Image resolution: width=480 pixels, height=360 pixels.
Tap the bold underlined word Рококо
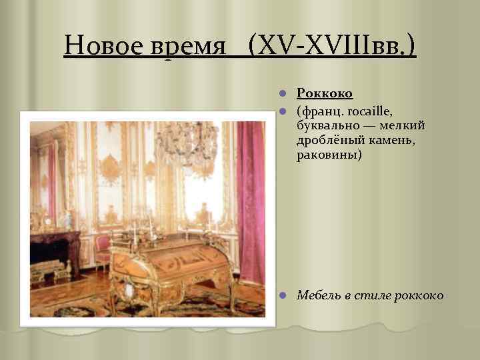tap(325, 94)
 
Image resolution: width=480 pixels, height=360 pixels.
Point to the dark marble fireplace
tap(53, 250)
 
